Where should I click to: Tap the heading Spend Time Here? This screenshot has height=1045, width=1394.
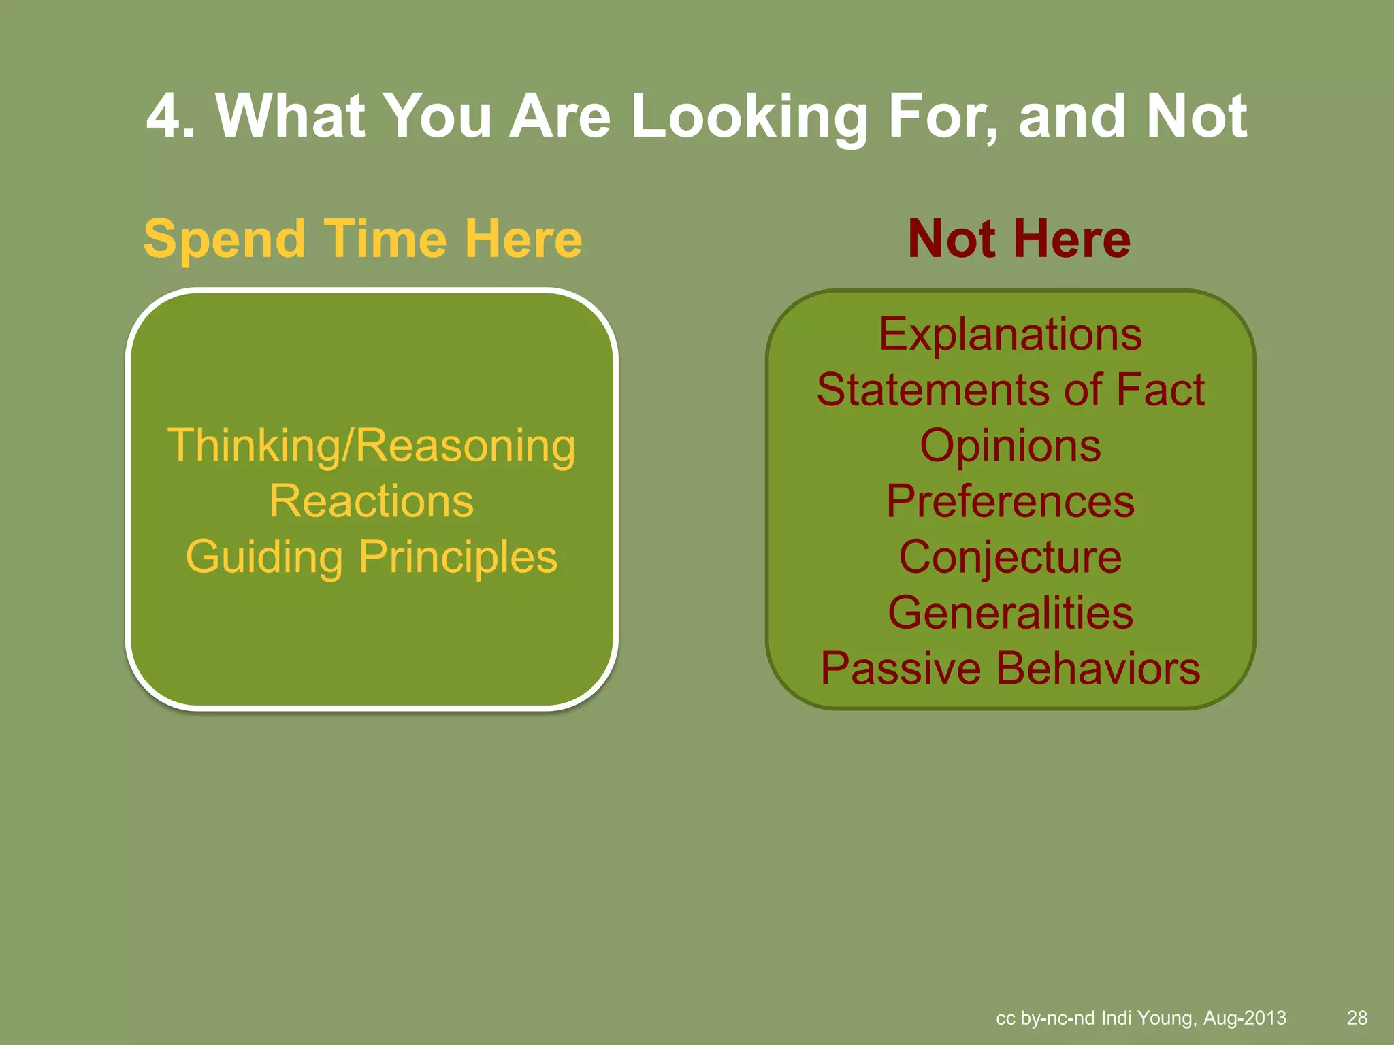[363, 239]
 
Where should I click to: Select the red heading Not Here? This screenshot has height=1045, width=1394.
[1019, 239]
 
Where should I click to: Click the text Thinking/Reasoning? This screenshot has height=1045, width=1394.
[372, 446]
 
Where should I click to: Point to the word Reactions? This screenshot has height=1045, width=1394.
[372, 501]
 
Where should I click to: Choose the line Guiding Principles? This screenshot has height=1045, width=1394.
[372, 557]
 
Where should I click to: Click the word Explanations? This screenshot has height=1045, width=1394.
[1010, 335]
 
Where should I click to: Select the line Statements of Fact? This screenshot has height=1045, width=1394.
[1010, 391]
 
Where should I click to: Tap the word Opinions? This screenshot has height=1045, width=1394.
[1010, 446]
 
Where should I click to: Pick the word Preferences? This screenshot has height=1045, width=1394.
[1010, 501]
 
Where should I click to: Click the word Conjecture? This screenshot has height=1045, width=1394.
[1010, 557]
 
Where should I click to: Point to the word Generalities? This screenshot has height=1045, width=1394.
[1010, 613]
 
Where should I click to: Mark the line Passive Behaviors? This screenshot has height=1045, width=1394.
[1010, 669]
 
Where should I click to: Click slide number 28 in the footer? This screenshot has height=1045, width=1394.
[1357, 1018]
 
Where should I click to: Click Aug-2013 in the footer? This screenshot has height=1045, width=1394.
[1245, 1018]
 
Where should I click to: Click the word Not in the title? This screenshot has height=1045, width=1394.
[1197, 117]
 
